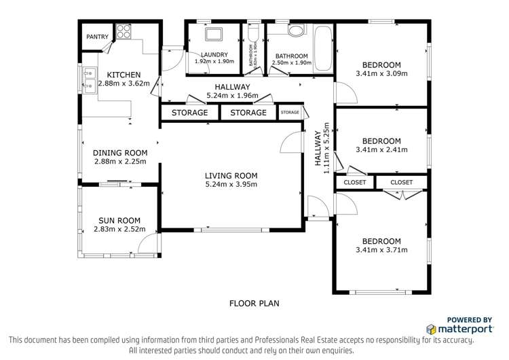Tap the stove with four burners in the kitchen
point(124,31)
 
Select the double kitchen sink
point(90,79)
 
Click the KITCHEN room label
point(123,75)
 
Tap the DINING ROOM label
point(119,153)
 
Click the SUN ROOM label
point(119,220)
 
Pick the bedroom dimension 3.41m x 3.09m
point(381,74)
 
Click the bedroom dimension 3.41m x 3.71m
point(381,250)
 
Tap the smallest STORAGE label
point(290,112)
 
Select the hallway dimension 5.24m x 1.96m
point(232,96)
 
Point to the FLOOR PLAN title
point(254,304)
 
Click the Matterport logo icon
point(431,329)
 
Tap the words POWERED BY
point(469,319)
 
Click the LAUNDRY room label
point(214,55)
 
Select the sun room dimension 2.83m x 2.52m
point(119,230)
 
